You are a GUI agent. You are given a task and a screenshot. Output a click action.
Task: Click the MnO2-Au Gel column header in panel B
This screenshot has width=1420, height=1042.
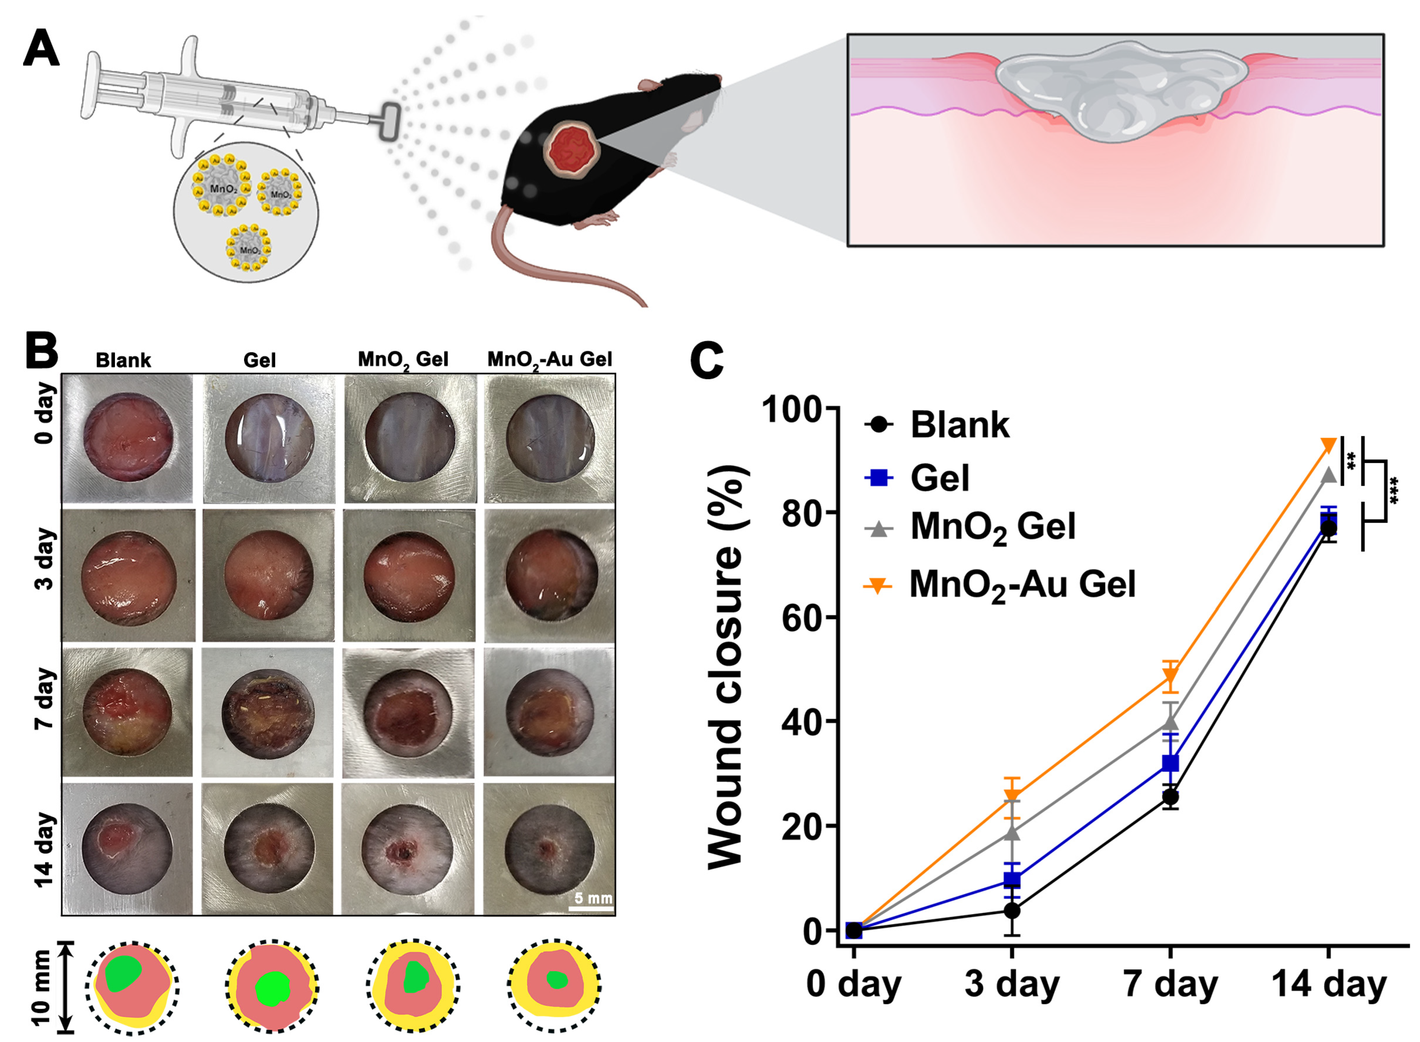[550, 359]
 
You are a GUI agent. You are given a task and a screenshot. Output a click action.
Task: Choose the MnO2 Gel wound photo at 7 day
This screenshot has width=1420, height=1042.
[408, 713]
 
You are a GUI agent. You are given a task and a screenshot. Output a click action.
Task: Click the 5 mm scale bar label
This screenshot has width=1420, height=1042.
[592, 897]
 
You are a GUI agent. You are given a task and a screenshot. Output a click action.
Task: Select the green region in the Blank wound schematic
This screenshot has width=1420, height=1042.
[125, 974]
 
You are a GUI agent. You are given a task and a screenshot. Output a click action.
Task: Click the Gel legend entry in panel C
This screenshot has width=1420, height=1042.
[939, 478]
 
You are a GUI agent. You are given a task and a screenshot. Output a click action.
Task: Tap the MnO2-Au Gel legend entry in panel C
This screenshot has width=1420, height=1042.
[1022, 585]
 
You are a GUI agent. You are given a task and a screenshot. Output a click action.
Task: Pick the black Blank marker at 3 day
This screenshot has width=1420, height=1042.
[1012, 910]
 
